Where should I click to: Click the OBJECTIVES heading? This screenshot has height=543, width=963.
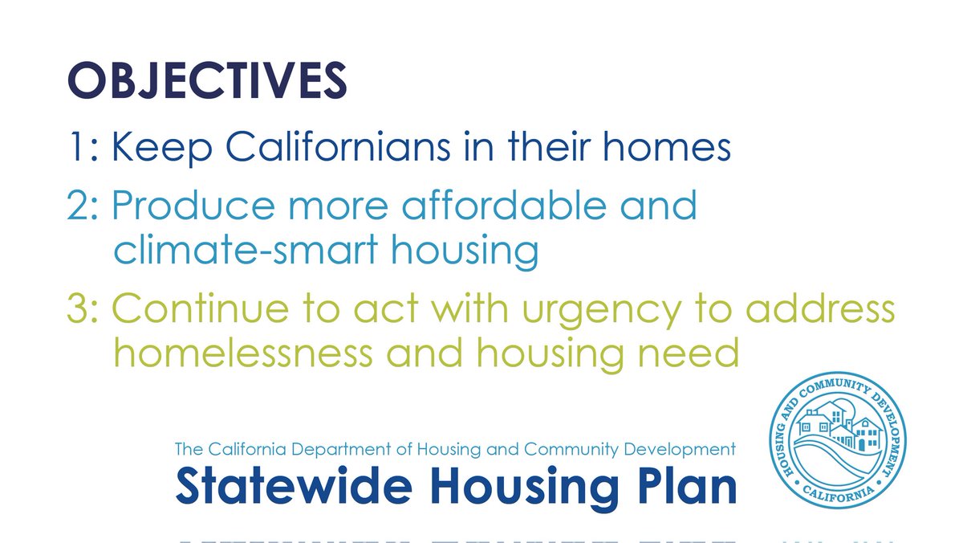(207, 82)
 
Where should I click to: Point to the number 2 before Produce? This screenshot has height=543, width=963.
(79, 206)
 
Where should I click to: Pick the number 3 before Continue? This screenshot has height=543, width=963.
(79, 309)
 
